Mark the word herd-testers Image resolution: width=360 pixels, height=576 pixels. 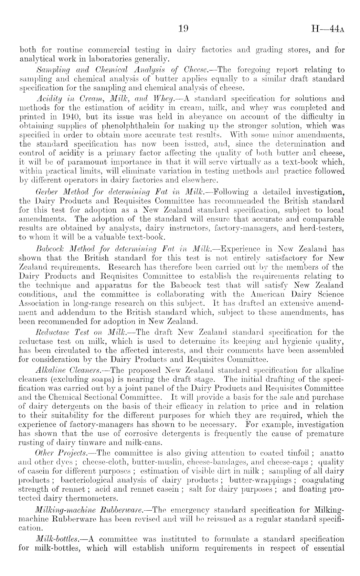pos(323,228)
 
